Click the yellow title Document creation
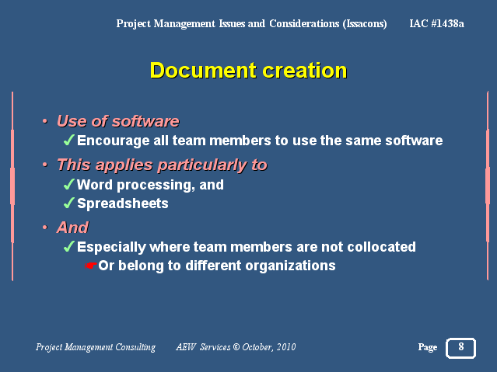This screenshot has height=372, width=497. pos(248,71)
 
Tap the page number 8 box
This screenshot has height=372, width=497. pos(460,348)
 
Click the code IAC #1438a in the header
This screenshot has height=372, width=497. pos(437,23)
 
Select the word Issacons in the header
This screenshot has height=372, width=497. pos(365,24)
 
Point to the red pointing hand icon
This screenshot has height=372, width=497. pos(91,266)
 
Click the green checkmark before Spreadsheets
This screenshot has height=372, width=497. pos(68,203)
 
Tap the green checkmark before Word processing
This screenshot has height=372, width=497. pos(68,184)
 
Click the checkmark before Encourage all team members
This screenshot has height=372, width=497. pos(68,140)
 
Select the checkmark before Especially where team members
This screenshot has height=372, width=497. pos(68,246)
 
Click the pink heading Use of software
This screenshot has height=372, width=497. pos(118,121)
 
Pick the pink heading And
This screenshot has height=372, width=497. pos(72,228)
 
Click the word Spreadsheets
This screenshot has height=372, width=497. pos(123,203)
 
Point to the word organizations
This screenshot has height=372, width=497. pos(290,266)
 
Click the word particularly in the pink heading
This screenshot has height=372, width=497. pos(202,165)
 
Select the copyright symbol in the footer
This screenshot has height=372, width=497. pos(236,347)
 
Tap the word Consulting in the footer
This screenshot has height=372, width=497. pos(135,347)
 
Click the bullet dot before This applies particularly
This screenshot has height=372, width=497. pos(45,165)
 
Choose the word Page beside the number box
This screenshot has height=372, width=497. pos(428,348)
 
